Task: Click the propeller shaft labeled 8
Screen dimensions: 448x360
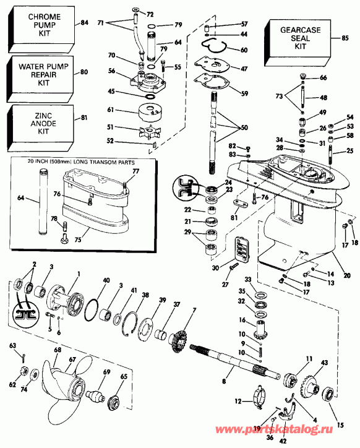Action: tap(229, 365)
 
